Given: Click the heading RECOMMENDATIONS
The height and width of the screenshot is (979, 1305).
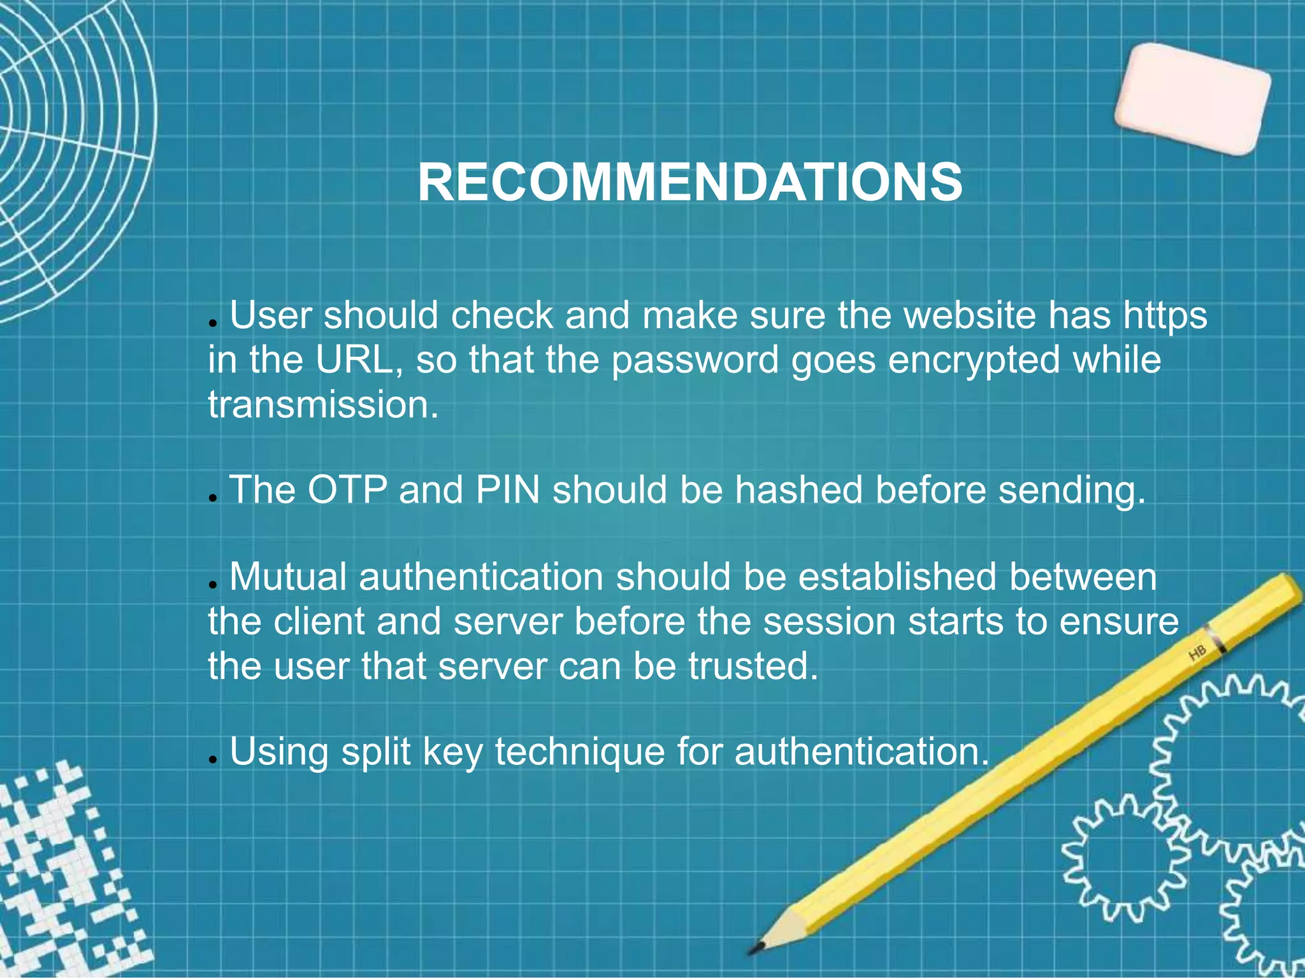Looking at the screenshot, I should pyautogui.click(x=689, y=183).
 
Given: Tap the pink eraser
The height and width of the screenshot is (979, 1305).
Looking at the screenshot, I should pyautogui.click(x=1192, y=99).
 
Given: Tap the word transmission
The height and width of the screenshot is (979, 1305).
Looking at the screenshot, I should pyautogui.click(x=323, y=404).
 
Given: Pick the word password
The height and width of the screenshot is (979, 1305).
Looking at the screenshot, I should pyautogui.click(x=695, y=361).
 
